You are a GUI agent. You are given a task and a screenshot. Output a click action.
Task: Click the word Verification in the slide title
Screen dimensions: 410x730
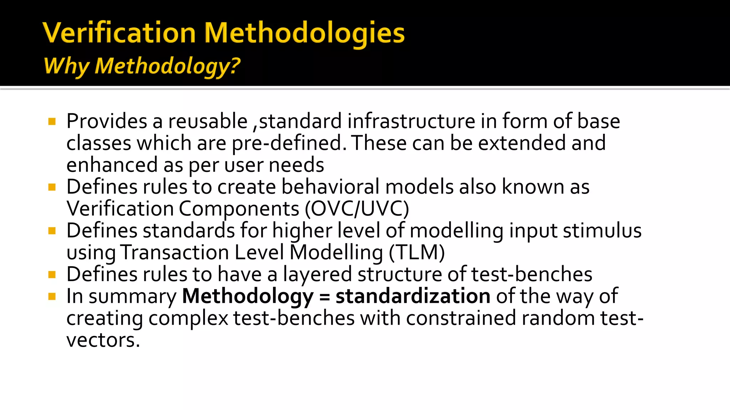point(119,33)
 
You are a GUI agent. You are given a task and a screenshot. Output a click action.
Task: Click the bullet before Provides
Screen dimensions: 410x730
point(52,122)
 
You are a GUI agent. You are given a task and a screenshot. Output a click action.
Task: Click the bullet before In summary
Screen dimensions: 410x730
point(52,296)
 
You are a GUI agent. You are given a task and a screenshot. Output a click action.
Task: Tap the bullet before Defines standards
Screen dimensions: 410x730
point(52,231)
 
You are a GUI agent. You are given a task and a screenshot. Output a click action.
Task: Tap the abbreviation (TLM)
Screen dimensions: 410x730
point(417,252)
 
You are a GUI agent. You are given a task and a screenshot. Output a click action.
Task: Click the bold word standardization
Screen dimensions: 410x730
point(413,296)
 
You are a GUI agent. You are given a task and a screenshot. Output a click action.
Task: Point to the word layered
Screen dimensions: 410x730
point(317,274)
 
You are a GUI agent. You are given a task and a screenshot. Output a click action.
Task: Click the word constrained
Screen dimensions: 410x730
point(461,318)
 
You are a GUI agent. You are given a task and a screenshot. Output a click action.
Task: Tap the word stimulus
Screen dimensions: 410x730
point(602,230)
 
